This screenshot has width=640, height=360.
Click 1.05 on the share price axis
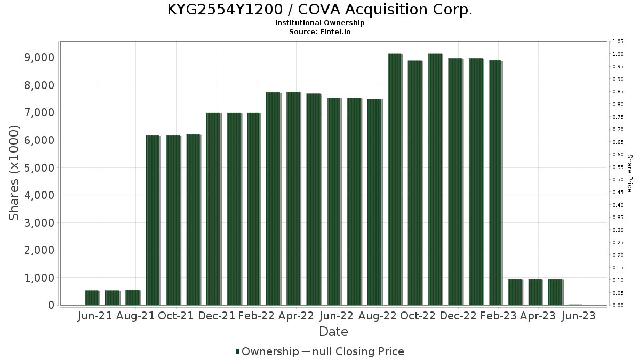pos(618,42)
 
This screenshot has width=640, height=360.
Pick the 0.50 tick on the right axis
pos(618,180)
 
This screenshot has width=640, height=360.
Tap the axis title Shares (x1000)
pos(14,173)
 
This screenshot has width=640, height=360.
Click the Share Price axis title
pos(629,173)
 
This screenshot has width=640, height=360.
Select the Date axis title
pos(333,332)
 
